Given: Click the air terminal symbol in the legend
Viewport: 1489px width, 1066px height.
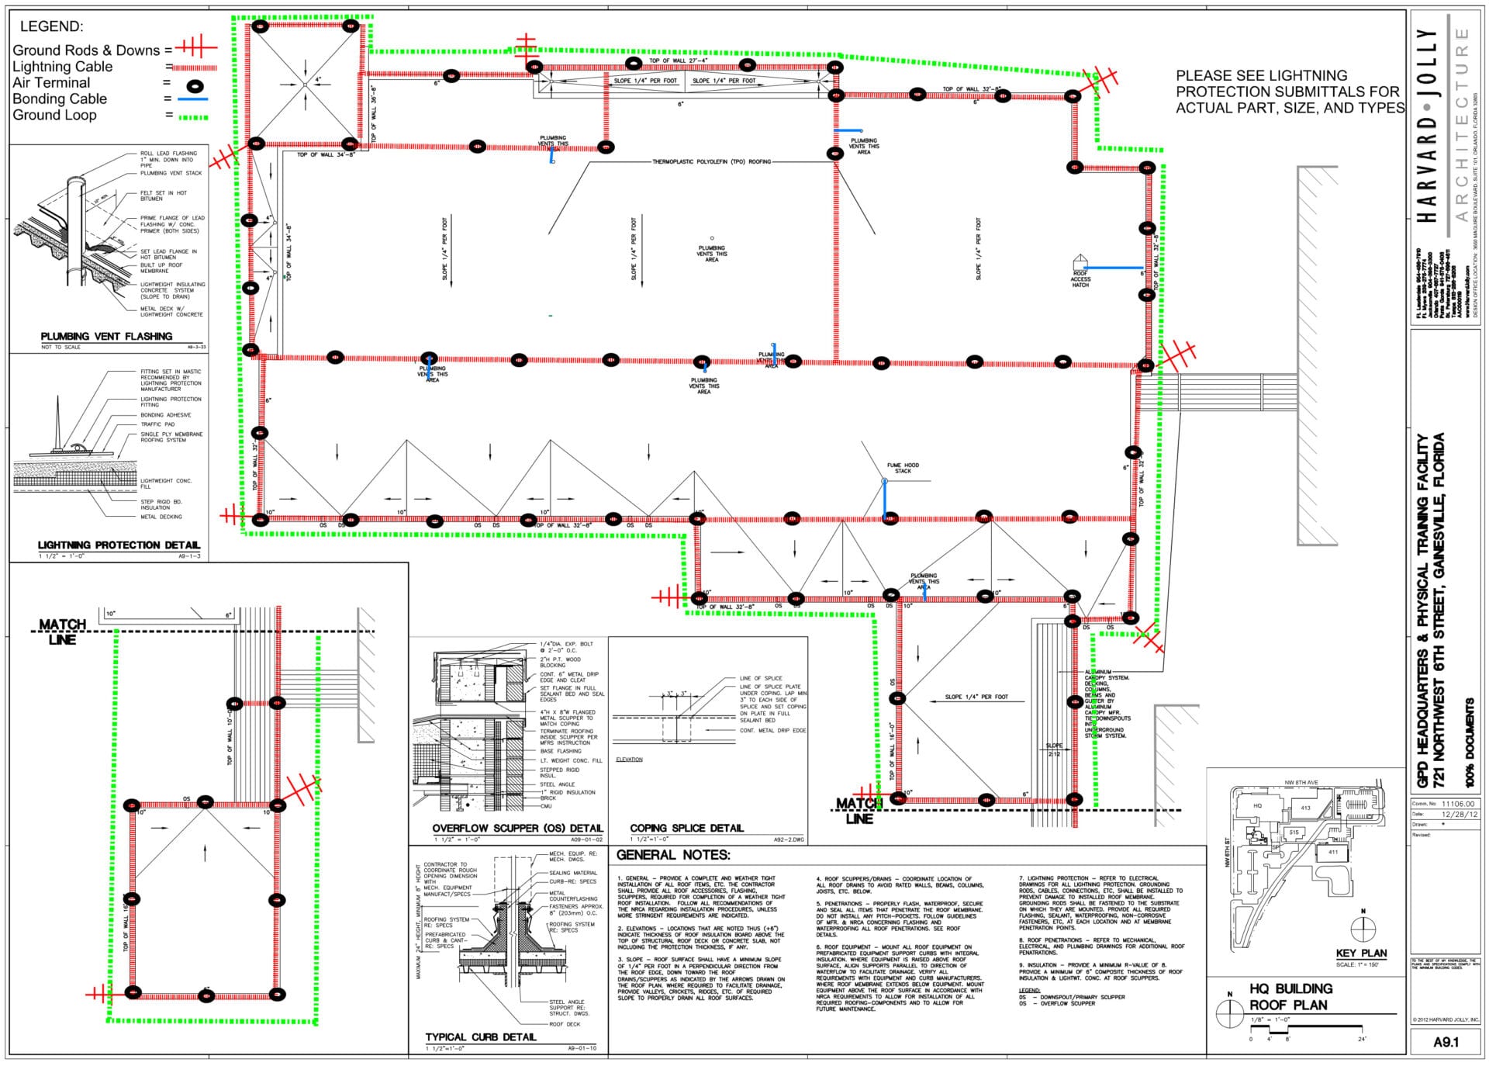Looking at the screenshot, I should click(193, 84).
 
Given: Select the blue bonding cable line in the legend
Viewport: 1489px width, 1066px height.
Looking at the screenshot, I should click(192, 99).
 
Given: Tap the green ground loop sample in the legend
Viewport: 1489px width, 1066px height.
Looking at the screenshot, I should click(192, 117).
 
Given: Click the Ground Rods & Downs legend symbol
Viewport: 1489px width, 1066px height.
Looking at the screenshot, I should click(197, 48).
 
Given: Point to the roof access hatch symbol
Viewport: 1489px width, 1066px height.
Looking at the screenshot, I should click(1080, 262).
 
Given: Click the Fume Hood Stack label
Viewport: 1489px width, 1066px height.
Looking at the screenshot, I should click(903, 468).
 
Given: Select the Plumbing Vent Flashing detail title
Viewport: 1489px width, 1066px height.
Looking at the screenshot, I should click(106, 336).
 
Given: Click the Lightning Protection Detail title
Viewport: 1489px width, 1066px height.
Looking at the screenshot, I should click(119, 545).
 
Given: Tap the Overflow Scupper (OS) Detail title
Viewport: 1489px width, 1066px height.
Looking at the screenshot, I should click(517, 828).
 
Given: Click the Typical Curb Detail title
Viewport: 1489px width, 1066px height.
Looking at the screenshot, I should click(480, 1037).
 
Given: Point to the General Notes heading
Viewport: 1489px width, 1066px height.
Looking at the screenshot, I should click(673, 855).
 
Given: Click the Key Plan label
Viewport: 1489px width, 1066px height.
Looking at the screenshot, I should click(1361, 953).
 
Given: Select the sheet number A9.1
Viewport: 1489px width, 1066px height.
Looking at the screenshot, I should click(1445, 1042).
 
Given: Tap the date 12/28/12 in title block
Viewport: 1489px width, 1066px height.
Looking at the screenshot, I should click(1459, 815).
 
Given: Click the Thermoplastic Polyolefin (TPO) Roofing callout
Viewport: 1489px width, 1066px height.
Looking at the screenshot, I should click(711, 162).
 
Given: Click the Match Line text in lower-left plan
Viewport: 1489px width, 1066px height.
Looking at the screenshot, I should click(63, 632).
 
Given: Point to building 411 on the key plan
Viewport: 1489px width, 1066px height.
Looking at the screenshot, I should click(1332, 852).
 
